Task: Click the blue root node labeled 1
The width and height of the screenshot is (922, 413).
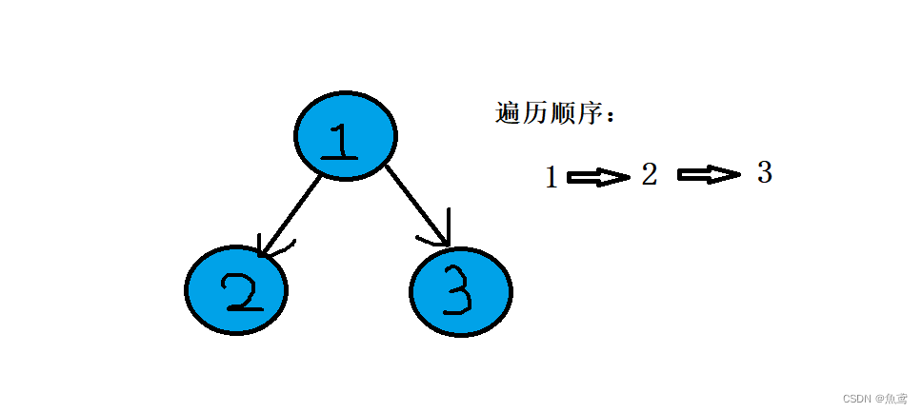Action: point(343,136)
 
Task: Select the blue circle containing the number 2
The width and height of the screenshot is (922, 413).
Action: point(235,291)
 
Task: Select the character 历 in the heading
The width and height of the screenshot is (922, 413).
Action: point(536,114)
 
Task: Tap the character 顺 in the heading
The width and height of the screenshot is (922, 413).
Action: point(564,114)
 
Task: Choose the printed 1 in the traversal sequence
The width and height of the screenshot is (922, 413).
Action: point(551,177)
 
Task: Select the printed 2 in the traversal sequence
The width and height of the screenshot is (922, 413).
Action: point(649,174)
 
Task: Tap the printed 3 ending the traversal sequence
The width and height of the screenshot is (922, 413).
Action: point(764,172)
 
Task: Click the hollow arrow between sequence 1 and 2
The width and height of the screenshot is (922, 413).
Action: point(597,177)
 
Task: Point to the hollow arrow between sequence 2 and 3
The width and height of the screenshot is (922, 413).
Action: point(708,174)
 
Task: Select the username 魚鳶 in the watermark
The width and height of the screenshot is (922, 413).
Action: point(898,399)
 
